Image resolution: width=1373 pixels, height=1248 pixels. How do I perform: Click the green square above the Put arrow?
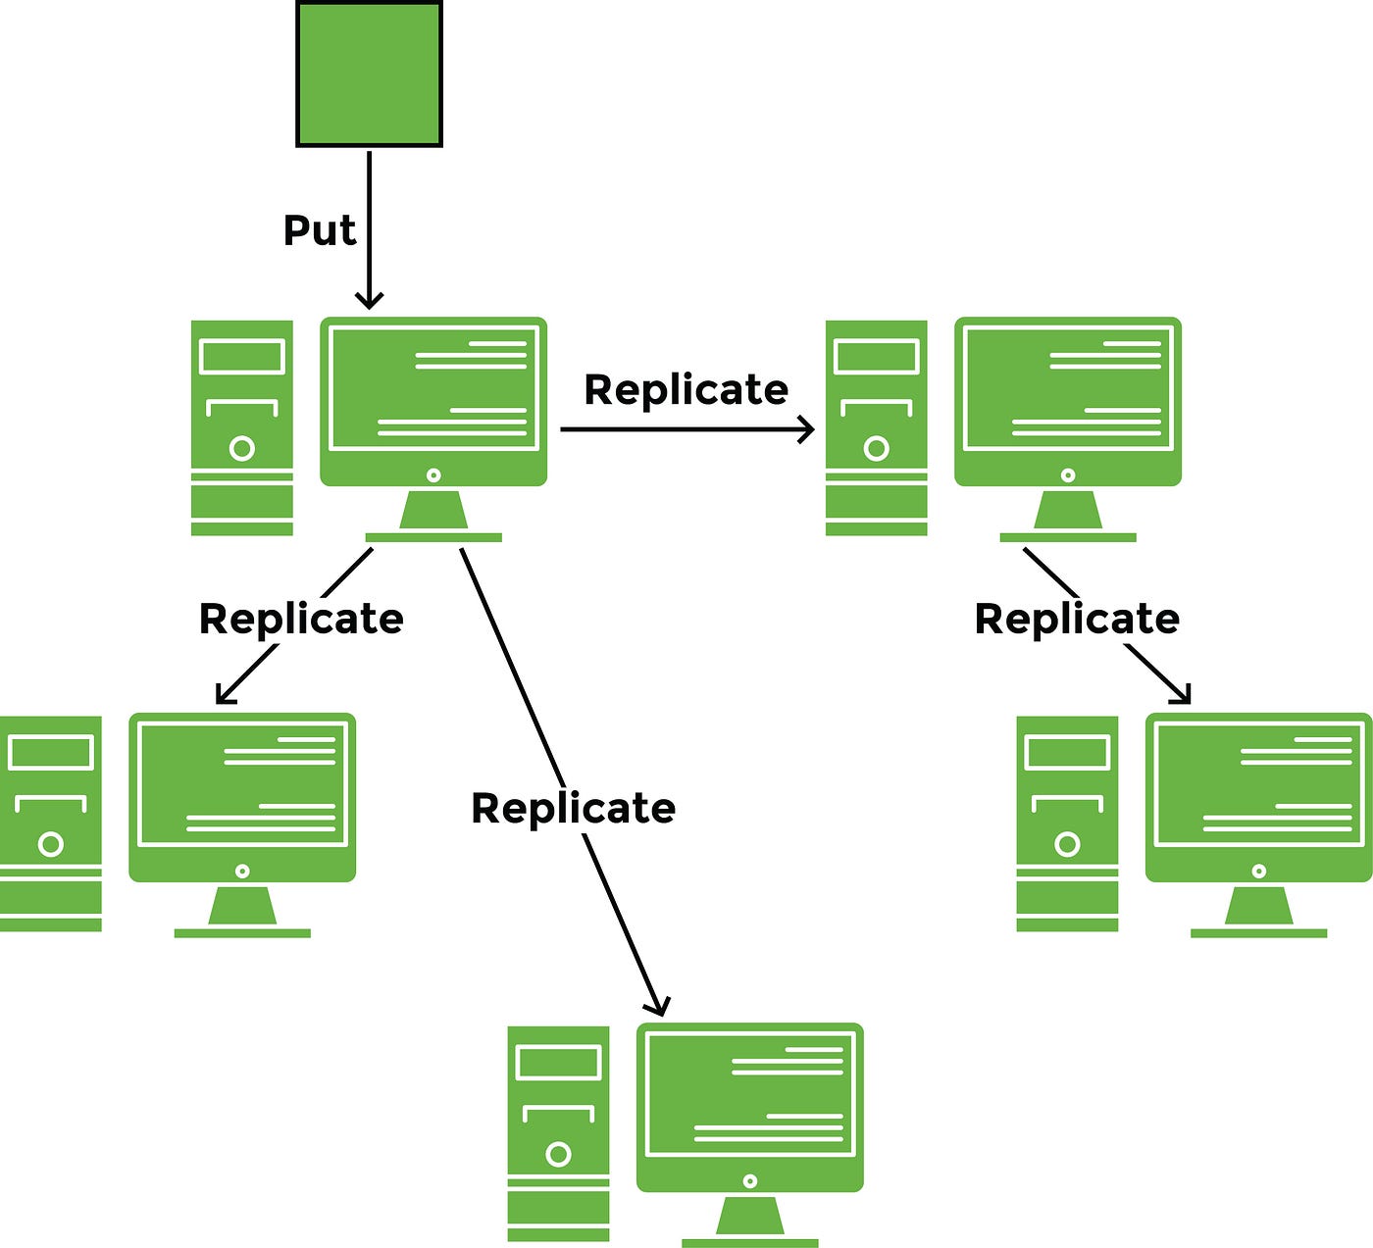point(369,75)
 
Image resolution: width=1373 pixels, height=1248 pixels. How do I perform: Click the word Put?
point(319,230)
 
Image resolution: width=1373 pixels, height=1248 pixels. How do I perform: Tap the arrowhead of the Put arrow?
point(369,300)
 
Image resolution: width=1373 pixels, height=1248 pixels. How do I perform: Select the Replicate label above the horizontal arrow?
point(686,390)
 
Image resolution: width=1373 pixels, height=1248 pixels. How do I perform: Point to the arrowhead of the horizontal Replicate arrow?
point(807,428)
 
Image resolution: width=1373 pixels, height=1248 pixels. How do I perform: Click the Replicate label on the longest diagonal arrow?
point(573,809)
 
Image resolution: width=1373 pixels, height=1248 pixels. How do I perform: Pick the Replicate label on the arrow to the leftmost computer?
point(301,620)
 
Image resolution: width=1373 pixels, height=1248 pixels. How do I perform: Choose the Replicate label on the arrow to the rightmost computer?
point(1076,620)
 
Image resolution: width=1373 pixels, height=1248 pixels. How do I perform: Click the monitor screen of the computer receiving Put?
point(433,388)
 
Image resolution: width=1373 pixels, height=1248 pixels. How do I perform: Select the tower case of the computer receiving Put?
point(242,427)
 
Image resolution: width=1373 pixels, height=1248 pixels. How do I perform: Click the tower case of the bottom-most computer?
point(558,1133)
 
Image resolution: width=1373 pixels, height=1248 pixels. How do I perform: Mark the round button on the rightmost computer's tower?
point(1067,844)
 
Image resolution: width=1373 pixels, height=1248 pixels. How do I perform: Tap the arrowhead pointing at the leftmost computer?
point(223,696)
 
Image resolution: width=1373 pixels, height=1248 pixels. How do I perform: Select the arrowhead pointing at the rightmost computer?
point(1184,696)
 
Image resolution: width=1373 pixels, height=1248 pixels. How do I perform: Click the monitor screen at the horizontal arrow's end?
point(1068,388)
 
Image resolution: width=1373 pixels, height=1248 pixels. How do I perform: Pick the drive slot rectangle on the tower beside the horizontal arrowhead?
point(876,357)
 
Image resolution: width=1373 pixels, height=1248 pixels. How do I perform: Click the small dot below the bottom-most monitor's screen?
point(750,1180)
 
